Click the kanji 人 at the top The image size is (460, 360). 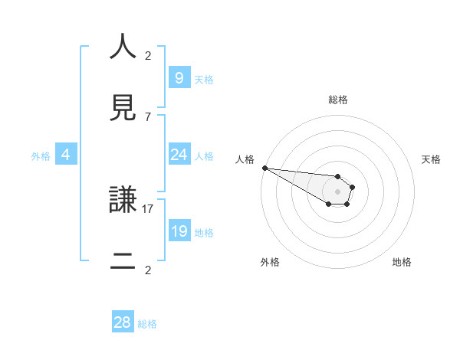point(123,47)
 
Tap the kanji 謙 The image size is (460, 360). point(123,201)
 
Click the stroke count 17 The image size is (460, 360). point(148,208)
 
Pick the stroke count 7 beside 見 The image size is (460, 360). point(148,116)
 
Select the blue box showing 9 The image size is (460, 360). point(179,77)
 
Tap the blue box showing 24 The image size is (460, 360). point(179,155)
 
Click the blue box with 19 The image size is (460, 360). point(179,231)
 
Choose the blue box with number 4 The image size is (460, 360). point(66,155)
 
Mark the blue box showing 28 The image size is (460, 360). point(123,322)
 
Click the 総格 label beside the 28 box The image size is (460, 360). point(147,324)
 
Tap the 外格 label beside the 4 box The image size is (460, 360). point(41,156)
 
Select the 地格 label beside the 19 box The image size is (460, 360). point(204,233)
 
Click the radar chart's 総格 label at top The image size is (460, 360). point(337,100)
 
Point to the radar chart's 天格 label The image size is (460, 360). point(431,159)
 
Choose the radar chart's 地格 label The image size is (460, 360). point(402,262)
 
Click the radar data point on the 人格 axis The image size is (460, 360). point(264,168)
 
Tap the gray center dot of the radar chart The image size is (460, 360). point(338,191)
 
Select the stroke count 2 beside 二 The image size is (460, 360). point(148,270)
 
